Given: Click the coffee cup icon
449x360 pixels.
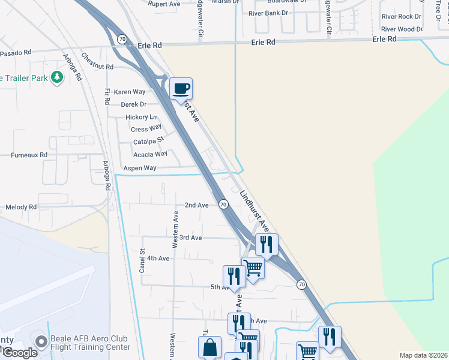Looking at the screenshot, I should [181, 89].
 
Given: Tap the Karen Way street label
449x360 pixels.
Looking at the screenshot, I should [130, 92].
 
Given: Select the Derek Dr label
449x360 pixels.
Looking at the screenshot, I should [134, 104].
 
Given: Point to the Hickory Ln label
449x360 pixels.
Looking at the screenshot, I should [141, 117].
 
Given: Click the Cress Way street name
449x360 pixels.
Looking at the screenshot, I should [146, 129].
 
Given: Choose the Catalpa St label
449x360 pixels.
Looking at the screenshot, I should [149, 142].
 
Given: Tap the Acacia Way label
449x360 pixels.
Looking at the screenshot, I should [150, 154].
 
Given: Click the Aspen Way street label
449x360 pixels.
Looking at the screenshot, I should [140, 169].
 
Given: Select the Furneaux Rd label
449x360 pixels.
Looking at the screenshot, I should [29, 155].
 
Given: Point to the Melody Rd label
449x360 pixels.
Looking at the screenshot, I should [21, 207].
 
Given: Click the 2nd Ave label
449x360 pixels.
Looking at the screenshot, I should [196, 205].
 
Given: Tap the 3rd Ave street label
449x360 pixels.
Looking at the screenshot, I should [190, 238].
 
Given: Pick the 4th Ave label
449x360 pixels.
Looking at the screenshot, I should [158, 259].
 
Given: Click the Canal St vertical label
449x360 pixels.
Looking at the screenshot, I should [142, 261].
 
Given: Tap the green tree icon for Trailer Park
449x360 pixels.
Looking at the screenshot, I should [57, 77].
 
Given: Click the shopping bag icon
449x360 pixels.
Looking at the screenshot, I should [210, 347].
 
